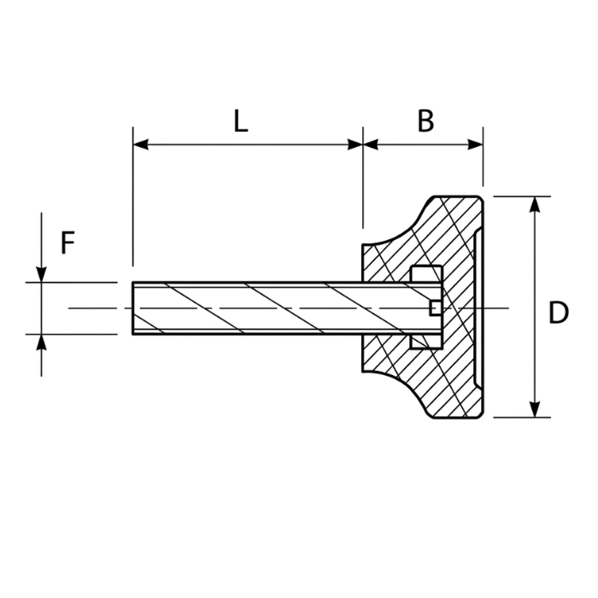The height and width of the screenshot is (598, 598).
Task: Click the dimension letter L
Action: [x=241, y=121]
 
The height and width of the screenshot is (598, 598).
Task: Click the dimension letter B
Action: [x=425, y=121]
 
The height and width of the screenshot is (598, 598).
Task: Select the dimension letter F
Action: [x=67, y=243]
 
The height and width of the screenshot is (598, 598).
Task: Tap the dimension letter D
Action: [x=559, y=313]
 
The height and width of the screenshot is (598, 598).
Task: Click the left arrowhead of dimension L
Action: [x=140, y=144]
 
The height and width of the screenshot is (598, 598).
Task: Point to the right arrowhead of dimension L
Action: [x=355, y=144]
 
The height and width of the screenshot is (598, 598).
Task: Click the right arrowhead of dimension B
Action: [x=476, y=144]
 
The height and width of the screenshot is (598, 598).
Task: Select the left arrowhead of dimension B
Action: [x=371, y=144]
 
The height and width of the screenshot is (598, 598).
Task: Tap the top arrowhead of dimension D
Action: [x=536, y=204]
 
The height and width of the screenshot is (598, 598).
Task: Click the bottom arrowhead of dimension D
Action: [x=536, y=409]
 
